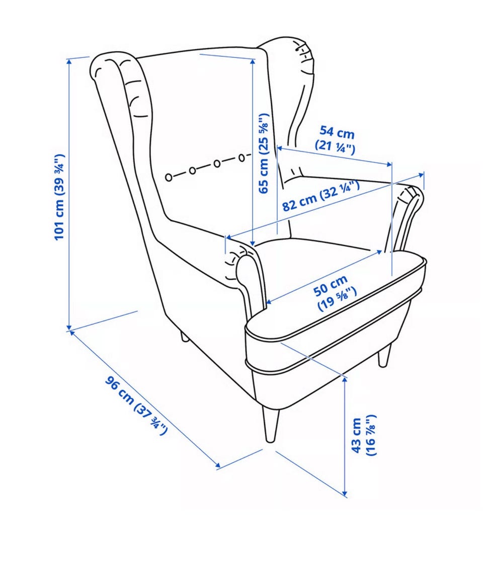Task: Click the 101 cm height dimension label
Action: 59,197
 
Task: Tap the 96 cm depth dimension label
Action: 136,406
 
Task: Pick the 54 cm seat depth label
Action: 336,139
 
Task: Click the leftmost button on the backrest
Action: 169,177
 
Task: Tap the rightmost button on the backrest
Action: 242,157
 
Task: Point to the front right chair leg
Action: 384,355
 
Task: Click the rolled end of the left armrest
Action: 244,268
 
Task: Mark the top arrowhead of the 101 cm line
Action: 69,61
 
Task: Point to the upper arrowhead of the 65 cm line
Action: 253,62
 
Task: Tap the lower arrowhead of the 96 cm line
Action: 217,465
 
